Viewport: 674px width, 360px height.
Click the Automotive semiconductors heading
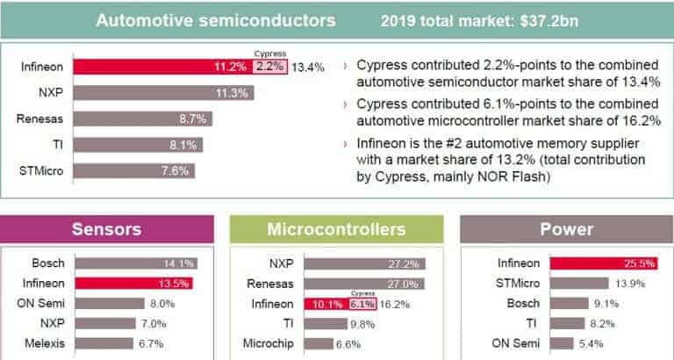(x=215, y=18)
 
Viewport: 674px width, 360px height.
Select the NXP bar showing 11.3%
(x=163, y=92)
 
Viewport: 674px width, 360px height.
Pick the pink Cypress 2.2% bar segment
(x=270, y=66)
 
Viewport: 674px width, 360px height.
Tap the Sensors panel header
(x=107, y=229)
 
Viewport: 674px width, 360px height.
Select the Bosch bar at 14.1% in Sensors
(x=136, y=263)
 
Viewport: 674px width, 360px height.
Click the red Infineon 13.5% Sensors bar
(x=133, y=283)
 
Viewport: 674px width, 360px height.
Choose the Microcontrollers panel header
(x=336, y=229)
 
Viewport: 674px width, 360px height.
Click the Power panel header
(x=566, y=229)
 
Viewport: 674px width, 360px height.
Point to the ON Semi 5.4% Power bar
(x=562, y=342)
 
